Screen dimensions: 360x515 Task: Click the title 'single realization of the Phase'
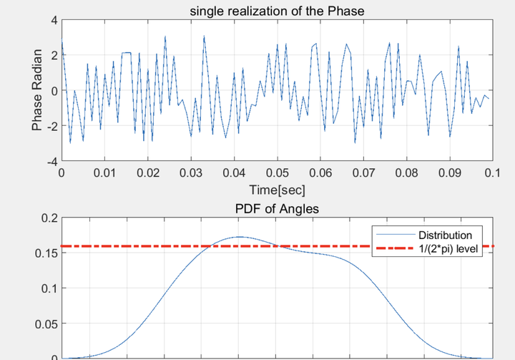point(277,10)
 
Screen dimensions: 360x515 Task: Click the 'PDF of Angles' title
point(277,209)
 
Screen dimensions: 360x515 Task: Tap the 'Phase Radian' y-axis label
point(37,90)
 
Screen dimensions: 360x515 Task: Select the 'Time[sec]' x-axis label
point(277,190)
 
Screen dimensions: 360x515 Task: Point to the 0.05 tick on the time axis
point(277,173)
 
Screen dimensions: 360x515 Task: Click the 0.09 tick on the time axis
point(450,173)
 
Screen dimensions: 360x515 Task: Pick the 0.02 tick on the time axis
point(147,173)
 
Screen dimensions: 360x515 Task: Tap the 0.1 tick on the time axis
point(493,173)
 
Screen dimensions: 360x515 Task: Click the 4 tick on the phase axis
point(52,20)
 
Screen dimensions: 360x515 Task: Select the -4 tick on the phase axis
point(50,162)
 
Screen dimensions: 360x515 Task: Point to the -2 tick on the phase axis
point(50,126)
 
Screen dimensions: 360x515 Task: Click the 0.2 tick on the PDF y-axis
point(47,218)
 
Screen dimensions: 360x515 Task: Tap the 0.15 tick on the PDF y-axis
point(44,253)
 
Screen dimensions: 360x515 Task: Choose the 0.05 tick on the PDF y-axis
point(44,323)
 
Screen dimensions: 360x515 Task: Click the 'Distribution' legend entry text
point(445,235)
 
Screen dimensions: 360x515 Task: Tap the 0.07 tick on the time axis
point(363,173)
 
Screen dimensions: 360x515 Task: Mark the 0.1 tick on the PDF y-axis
point(47,288)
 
